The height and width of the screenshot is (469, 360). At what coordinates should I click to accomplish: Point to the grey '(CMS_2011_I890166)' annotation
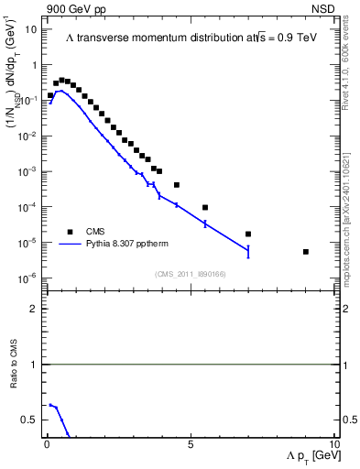190,273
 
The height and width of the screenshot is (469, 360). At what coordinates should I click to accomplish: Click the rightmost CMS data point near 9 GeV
305,252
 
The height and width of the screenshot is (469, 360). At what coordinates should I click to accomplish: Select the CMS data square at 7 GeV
248,234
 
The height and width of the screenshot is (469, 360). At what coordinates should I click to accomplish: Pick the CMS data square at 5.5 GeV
205,207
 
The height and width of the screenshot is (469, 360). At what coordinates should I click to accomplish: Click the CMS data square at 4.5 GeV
177,185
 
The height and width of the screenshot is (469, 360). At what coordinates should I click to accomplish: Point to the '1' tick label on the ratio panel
34,365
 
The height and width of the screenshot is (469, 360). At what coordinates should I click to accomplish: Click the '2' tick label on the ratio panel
34,309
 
